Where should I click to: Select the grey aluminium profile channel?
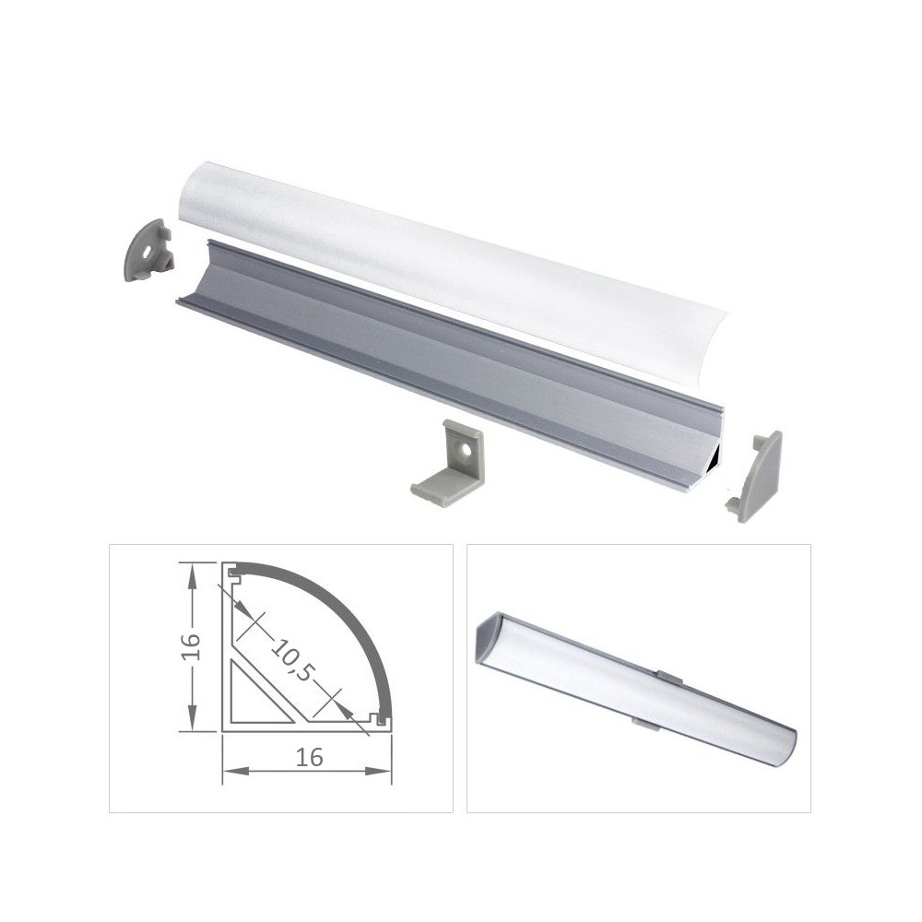tap(453, 364)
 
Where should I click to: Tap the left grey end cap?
tap(150, 249)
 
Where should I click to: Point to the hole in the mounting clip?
tap(466, 452)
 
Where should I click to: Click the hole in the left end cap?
tap(147, 254)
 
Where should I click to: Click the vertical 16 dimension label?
tap(193, 647)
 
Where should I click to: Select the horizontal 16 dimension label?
tap(310, 758)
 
